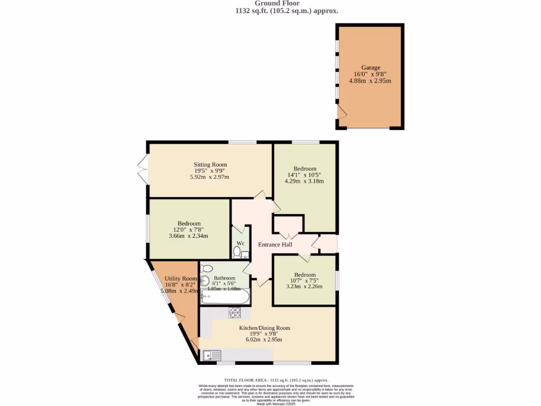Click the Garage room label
pos(370,68)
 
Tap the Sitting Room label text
pos(210,164)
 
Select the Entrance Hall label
pos(275,244)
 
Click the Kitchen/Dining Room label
pos(265,328)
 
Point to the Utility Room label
pos(180,279)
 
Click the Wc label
pos(240,243)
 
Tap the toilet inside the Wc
pos(237,252)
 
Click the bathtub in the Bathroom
pos(225,297)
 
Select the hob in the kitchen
pos(234,312)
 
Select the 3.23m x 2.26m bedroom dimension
pos(305,287)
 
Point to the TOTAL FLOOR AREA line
pos(276,380)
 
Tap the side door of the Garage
pos(341,111)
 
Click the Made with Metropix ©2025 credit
pos(276,403)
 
